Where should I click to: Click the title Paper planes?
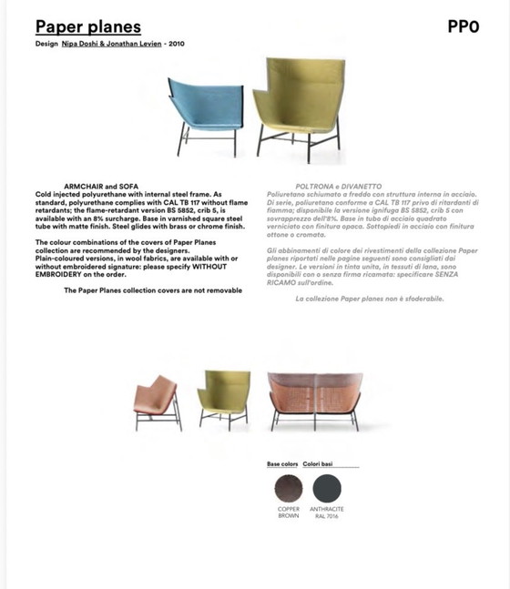(x=88, y=26)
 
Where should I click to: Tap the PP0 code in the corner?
(x=463, y=26)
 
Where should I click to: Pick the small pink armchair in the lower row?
(x=156, y=401)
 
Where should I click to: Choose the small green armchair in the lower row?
(x=222, y=395)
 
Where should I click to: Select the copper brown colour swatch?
(x=288, y=489)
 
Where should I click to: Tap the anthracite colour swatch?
(x=326, y=489)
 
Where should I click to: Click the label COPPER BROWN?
(x=288, y=513)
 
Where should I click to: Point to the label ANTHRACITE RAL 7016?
(x=326, y=513)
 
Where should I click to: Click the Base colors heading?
(x=282, y=464)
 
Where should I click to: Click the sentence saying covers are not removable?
(x=153, y=289)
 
